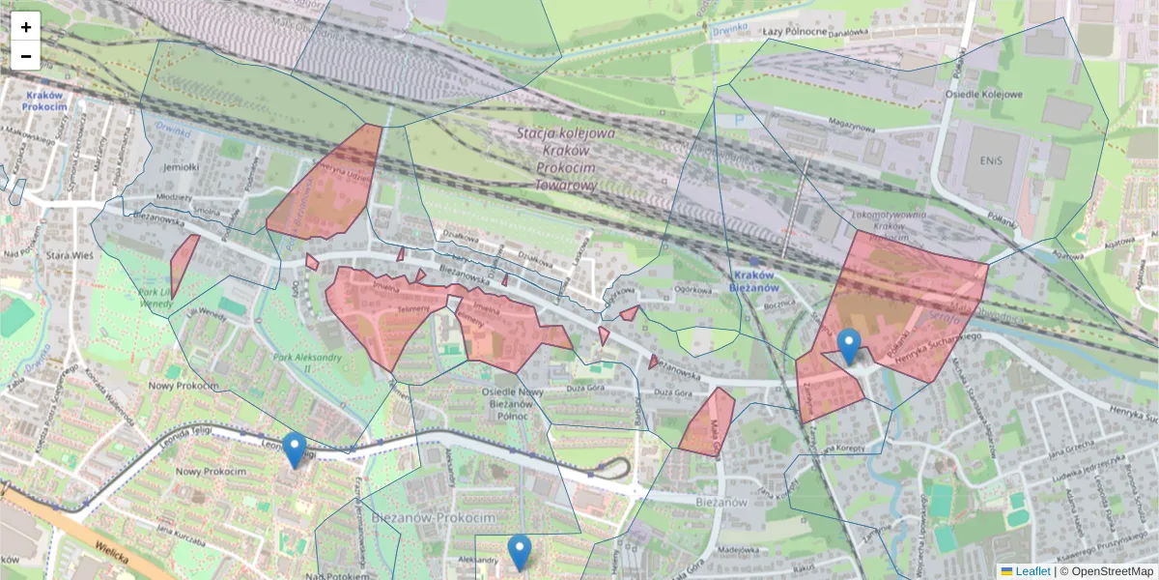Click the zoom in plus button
click(x=26, y=27)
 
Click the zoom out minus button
click(x=26, y=56)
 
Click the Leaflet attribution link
click(x=1032, y=571)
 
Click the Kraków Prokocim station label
click(x=44, y=101)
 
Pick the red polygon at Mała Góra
click(x=706, y=421)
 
